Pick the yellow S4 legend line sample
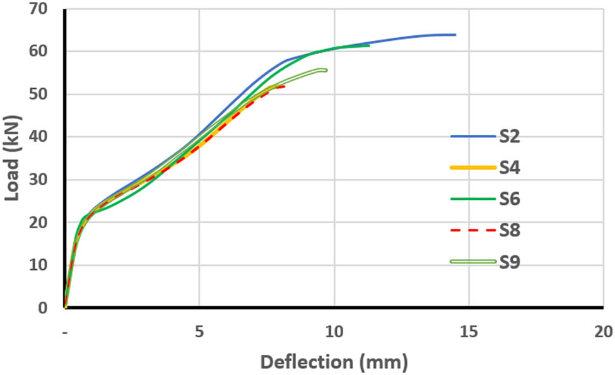(472, 167)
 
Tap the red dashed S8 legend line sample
(472, 230)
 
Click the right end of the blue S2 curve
(455, 35)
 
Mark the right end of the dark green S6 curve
(369, 45)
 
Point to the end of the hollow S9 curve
(325, 70)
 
